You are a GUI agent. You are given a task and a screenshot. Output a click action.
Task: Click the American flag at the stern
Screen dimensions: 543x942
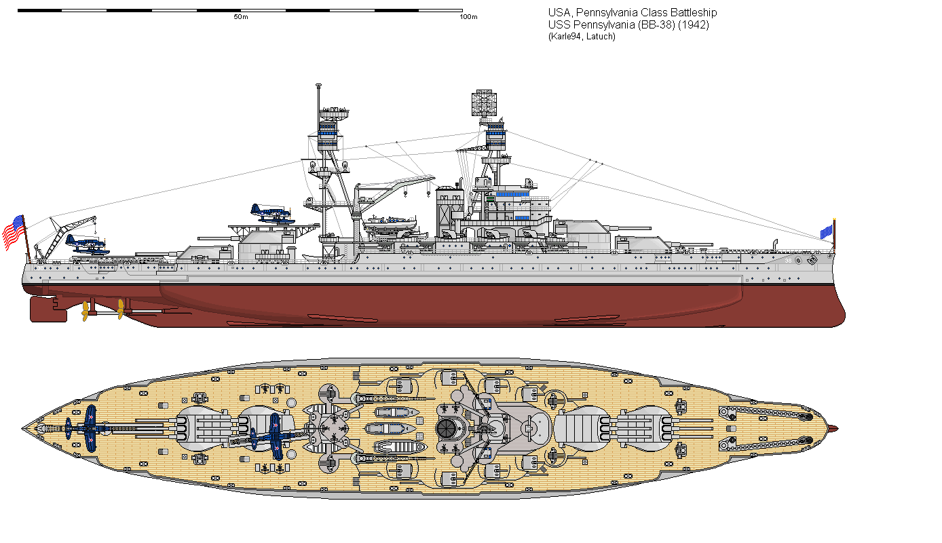(14, 232)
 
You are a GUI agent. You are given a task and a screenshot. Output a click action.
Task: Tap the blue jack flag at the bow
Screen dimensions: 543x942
(827, 232)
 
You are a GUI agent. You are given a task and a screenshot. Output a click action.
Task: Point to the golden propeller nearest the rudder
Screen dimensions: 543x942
(86, 310)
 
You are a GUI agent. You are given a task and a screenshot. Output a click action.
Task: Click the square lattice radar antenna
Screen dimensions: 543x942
(483, 102)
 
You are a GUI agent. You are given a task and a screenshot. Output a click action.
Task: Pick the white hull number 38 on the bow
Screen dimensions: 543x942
(788, 261)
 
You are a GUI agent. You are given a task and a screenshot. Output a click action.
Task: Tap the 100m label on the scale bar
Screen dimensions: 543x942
(468, 17)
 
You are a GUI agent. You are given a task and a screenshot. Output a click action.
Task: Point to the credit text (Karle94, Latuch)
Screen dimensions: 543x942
(582, 37)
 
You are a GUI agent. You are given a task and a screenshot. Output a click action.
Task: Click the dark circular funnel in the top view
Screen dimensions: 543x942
(446, 428)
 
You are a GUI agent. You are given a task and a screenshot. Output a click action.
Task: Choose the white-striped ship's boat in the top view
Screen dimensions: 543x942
(398, 447)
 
